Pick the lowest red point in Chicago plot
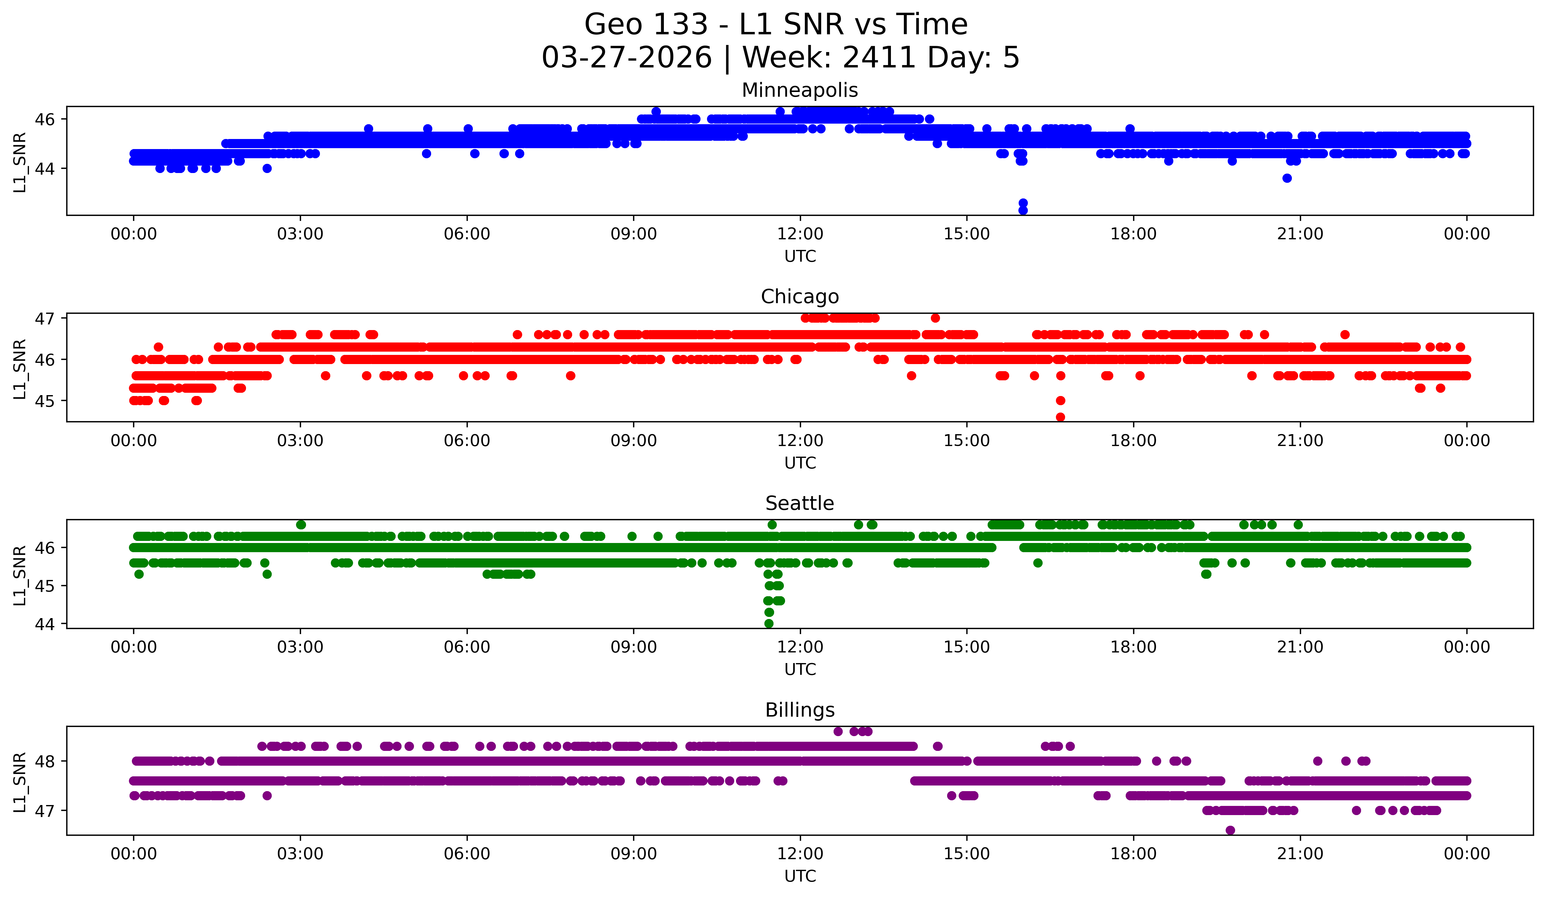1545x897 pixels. [x=1060, y=417]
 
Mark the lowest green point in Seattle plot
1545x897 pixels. [x=769, y=623]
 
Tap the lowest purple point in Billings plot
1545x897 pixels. [x=1230, y=830]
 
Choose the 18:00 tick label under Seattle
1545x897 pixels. [x=1133, y=647]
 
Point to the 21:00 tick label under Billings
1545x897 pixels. [x=1300, y=854]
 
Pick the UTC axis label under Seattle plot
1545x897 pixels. [x=800, y=670]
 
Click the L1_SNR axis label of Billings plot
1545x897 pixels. [x=20, y=782]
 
